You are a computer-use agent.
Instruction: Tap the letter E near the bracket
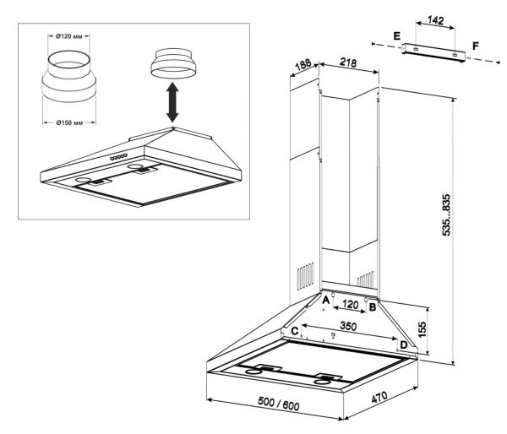396,36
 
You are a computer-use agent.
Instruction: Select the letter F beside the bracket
477,42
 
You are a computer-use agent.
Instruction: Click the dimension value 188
301,67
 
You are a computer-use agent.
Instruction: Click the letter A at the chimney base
326,299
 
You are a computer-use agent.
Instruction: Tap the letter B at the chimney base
372,308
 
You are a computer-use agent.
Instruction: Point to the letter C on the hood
295,331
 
